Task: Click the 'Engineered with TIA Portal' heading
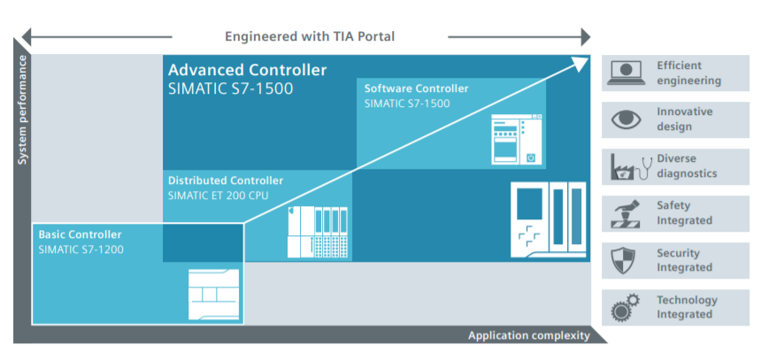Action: [309, 36]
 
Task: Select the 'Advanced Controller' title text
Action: [247, 70]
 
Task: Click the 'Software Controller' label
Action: [416, 88]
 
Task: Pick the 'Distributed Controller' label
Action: [226, 180]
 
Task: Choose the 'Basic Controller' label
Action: [80, 234]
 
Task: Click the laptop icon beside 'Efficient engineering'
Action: [626, 73]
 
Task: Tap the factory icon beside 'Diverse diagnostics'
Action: [626, 166]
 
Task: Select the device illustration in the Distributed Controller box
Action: [319, 231]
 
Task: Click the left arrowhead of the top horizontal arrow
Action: [27, 36]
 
